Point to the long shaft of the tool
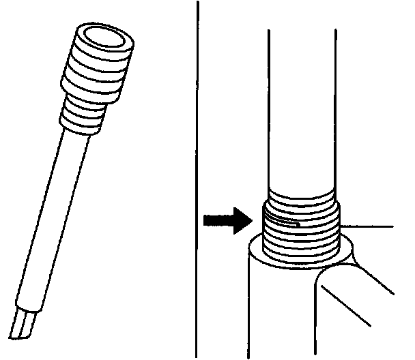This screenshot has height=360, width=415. coord(55,218)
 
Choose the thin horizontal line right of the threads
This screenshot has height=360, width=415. coord(369,224)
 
